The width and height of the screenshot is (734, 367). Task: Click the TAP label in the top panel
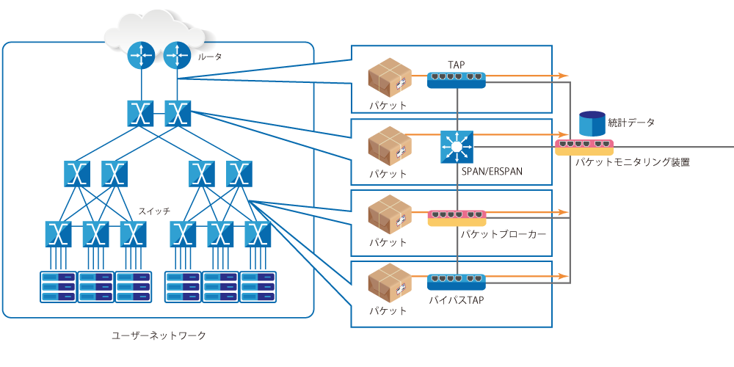(x=456, y=65)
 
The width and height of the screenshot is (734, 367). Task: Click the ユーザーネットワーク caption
(x=159, y=335)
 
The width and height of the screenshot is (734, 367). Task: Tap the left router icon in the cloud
(x=140, y=55)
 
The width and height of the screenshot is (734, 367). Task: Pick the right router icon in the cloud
(x=177, y=55)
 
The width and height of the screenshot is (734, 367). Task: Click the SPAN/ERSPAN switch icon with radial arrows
(x=457, y=147)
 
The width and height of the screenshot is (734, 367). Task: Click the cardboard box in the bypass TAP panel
(x=389, y=283)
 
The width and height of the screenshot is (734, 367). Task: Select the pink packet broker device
(x=456, y=217)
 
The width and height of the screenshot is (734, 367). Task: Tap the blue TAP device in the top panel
(x=456, y=79)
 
